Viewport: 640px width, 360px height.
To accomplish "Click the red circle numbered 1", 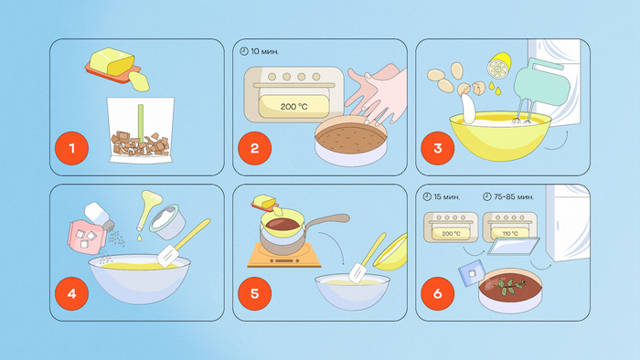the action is click(x=72, y=148).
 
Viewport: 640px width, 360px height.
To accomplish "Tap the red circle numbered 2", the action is click(x=255, y=148).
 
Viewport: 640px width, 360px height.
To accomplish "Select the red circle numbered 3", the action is click(x=438, y=148).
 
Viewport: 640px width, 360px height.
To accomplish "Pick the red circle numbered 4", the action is click(x=72, y=293).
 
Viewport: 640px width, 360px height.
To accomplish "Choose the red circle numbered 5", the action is click(x=255, y=293).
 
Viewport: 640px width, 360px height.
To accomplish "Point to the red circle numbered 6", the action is click(x=438, y=293).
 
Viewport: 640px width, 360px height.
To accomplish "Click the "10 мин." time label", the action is click(x=260, y=51).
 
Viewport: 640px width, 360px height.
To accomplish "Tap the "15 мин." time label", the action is click(x=442, y=197).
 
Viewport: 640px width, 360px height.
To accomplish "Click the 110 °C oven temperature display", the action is click(x=510, y=234).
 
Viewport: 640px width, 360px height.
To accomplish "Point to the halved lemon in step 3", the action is click(x=499, y=66).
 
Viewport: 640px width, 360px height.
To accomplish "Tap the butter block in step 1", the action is click(x=112, y=62).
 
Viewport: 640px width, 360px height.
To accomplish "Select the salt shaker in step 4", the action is click(x=99, y=217).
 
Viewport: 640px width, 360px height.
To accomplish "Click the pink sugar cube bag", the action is click(x=87, y=238).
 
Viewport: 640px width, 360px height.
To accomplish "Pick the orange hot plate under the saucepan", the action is click(x=284, y=256).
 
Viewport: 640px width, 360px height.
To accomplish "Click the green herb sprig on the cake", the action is click(x=509, y=285).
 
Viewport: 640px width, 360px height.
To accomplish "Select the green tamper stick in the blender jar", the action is click(x=141, y=123).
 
